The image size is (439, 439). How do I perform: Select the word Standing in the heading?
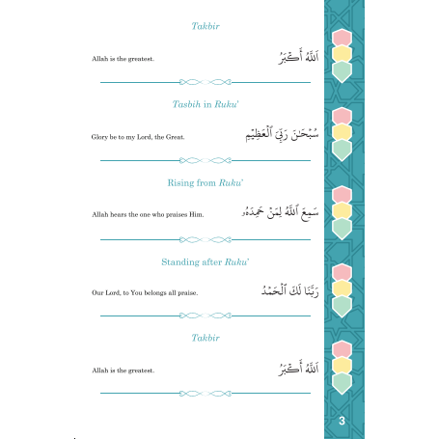(175, 261)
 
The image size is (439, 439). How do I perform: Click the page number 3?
(343, 422)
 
